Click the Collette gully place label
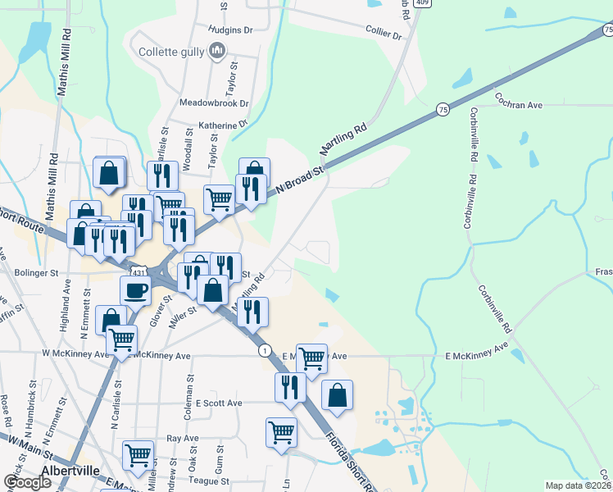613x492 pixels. pyautogui.click(x=170, y=52)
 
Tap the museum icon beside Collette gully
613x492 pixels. pyautogui.click(x=217, y=52)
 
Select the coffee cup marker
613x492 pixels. pyautogui.click(x=135, y=290)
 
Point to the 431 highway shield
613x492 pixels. pyautogui.click(x=138, y=271)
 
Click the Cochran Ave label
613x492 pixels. pyautogui.click(x=518, y=106)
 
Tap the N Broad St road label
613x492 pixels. pyautogui.click(x=301, y=178)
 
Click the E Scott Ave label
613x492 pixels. pyautogui.click(x=219, y=403)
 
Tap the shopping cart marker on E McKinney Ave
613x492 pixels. pyautogui.click(x=311, y=358)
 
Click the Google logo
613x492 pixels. pyautogui.click(x=27, y=482)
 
